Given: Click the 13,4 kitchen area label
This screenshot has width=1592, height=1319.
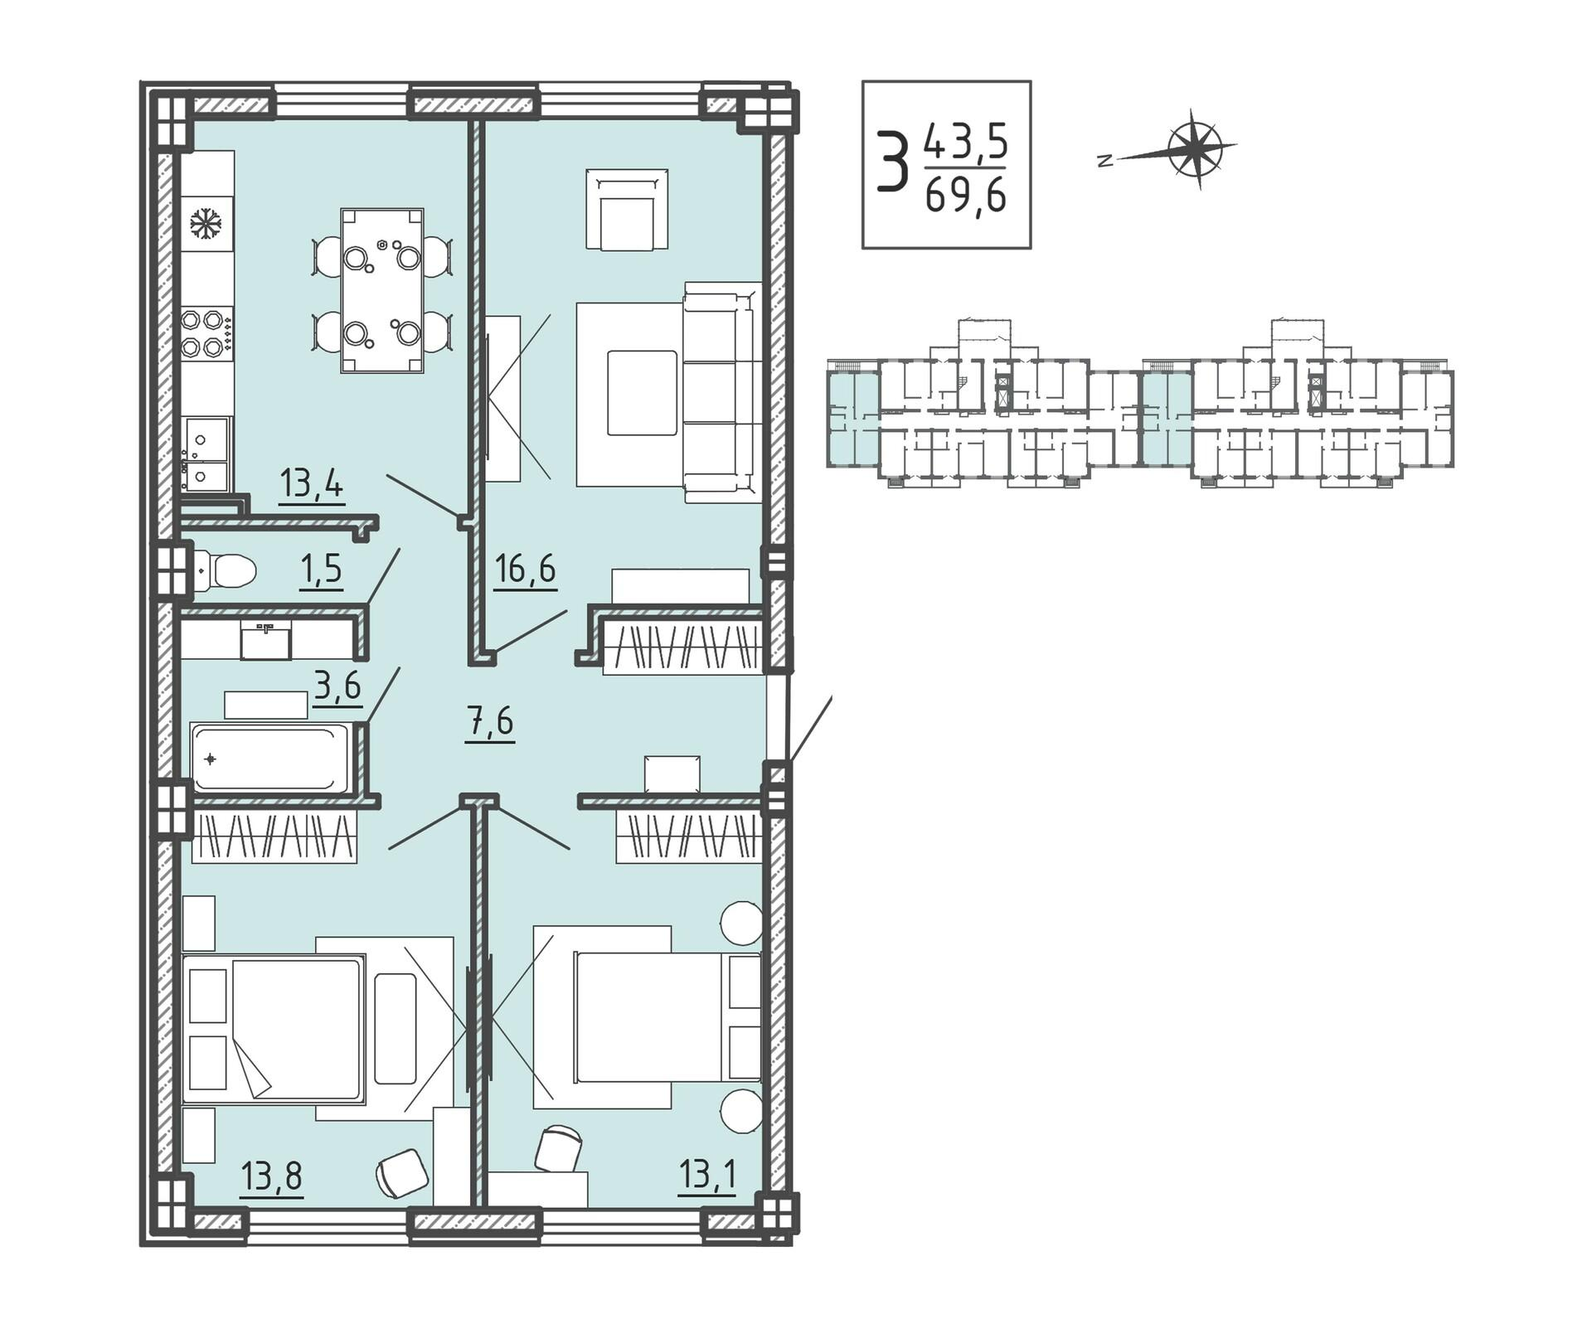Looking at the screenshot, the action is pyautogui.click(x=312, y=483).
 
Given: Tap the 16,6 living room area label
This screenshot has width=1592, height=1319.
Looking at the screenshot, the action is pyautogui.click(x=525, y=570).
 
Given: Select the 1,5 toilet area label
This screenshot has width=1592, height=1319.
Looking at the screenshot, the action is pyautogui.click(x=321, y=570).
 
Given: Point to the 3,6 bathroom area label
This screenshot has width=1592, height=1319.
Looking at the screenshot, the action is pyautogui.click(x=338, y=686).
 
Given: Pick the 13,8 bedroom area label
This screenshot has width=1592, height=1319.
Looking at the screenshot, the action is pyautogui.click(x=272, y=1176).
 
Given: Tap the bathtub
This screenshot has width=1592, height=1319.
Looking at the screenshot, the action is pyautogui.click(x=270, y=758).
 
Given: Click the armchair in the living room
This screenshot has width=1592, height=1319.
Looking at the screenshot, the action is pyautogui.click(x=627, y=209).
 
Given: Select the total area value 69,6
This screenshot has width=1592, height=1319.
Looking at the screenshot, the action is pyautogui.click(x=966, y=196).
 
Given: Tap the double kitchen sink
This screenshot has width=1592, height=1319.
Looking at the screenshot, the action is pyautogui.click(x=206, y=453).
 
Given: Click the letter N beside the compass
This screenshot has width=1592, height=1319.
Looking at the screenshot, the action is pyautogui.click(x=1103, y=162).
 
